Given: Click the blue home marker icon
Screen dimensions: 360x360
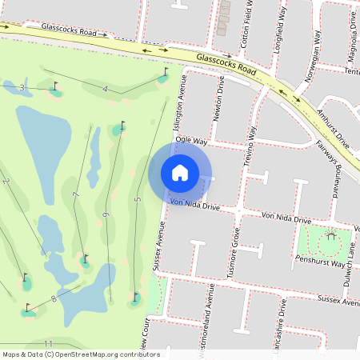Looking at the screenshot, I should (x=180, y=172).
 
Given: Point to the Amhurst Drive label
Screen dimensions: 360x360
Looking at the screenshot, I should (x=333, y=126).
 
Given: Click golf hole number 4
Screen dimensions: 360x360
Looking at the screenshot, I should (x=105, y=88).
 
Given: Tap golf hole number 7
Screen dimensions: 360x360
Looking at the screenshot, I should (x=75, y=195).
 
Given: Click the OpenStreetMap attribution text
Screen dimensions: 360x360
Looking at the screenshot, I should (x=81, y=354).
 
